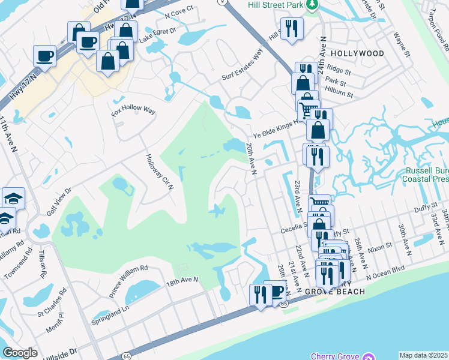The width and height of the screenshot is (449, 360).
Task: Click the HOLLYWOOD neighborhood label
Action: (x=357, y=53)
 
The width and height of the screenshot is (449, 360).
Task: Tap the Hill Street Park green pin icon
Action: (x=312, y=5)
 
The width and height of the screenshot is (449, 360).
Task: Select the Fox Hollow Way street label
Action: (x=133, y=112)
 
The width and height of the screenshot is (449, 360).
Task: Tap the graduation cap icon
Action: (x=12, y=197)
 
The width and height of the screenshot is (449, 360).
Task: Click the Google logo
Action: (x=20, y=353)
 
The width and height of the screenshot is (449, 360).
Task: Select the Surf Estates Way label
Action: (x=243, y=64)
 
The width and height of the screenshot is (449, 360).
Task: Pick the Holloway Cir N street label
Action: (x=159, y=172)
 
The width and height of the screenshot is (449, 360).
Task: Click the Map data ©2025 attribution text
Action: (x=423, y=355)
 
